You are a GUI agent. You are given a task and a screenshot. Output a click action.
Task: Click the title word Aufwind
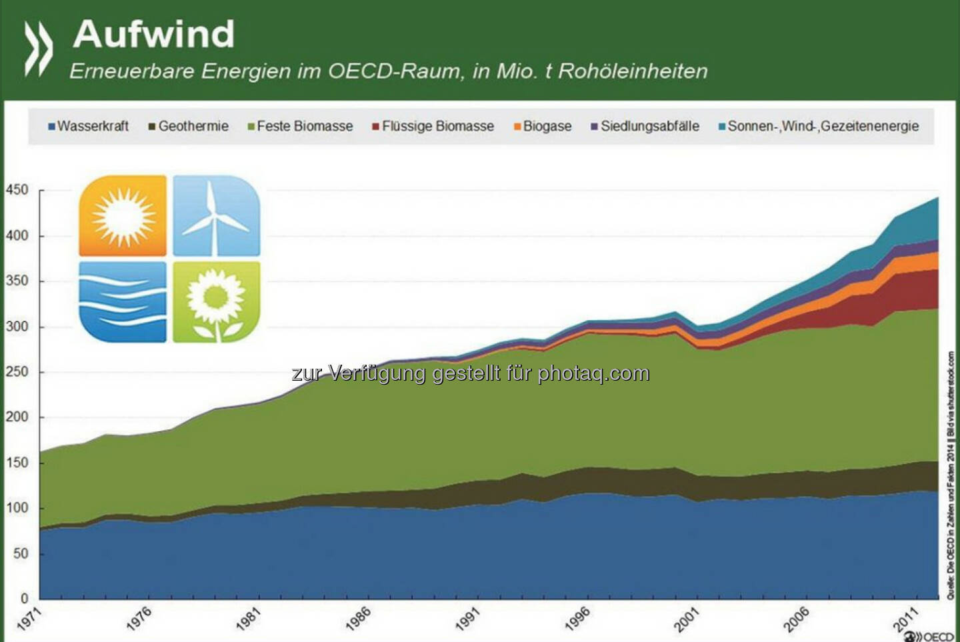154,34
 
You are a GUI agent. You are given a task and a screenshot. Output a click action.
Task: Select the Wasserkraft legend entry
89,126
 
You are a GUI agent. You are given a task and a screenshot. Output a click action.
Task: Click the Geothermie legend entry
189,126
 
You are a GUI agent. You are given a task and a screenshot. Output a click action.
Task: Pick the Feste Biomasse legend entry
301,126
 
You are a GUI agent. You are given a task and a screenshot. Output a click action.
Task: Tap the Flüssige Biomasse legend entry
434,126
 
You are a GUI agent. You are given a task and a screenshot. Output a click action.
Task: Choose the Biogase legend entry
543,126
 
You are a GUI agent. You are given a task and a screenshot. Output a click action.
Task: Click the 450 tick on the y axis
17,190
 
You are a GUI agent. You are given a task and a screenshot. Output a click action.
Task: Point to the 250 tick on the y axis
17,372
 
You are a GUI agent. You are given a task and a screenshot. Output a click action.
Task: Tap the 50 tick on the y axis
21,553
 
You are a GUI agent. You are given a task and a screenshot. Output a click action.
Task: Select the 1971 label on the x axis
29,619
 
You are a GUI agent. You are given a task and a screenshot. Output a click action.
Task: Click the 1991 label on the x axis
468,619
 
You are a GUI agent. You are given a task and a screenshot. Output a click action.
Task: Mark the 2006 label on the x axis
797,619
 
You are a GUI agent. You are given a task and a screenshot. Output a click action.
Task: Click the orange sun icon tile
123,216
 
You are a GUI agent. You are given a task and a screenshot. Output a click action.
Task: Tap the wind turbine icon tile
216,216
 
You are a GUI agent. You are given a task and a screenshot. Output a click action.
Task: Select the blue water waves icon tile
123,302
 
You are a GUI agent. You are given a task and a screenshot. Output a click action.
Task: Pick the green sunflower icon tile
216,302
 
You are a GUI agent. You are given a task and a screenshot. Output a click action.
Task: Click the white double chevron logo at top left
39,47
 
